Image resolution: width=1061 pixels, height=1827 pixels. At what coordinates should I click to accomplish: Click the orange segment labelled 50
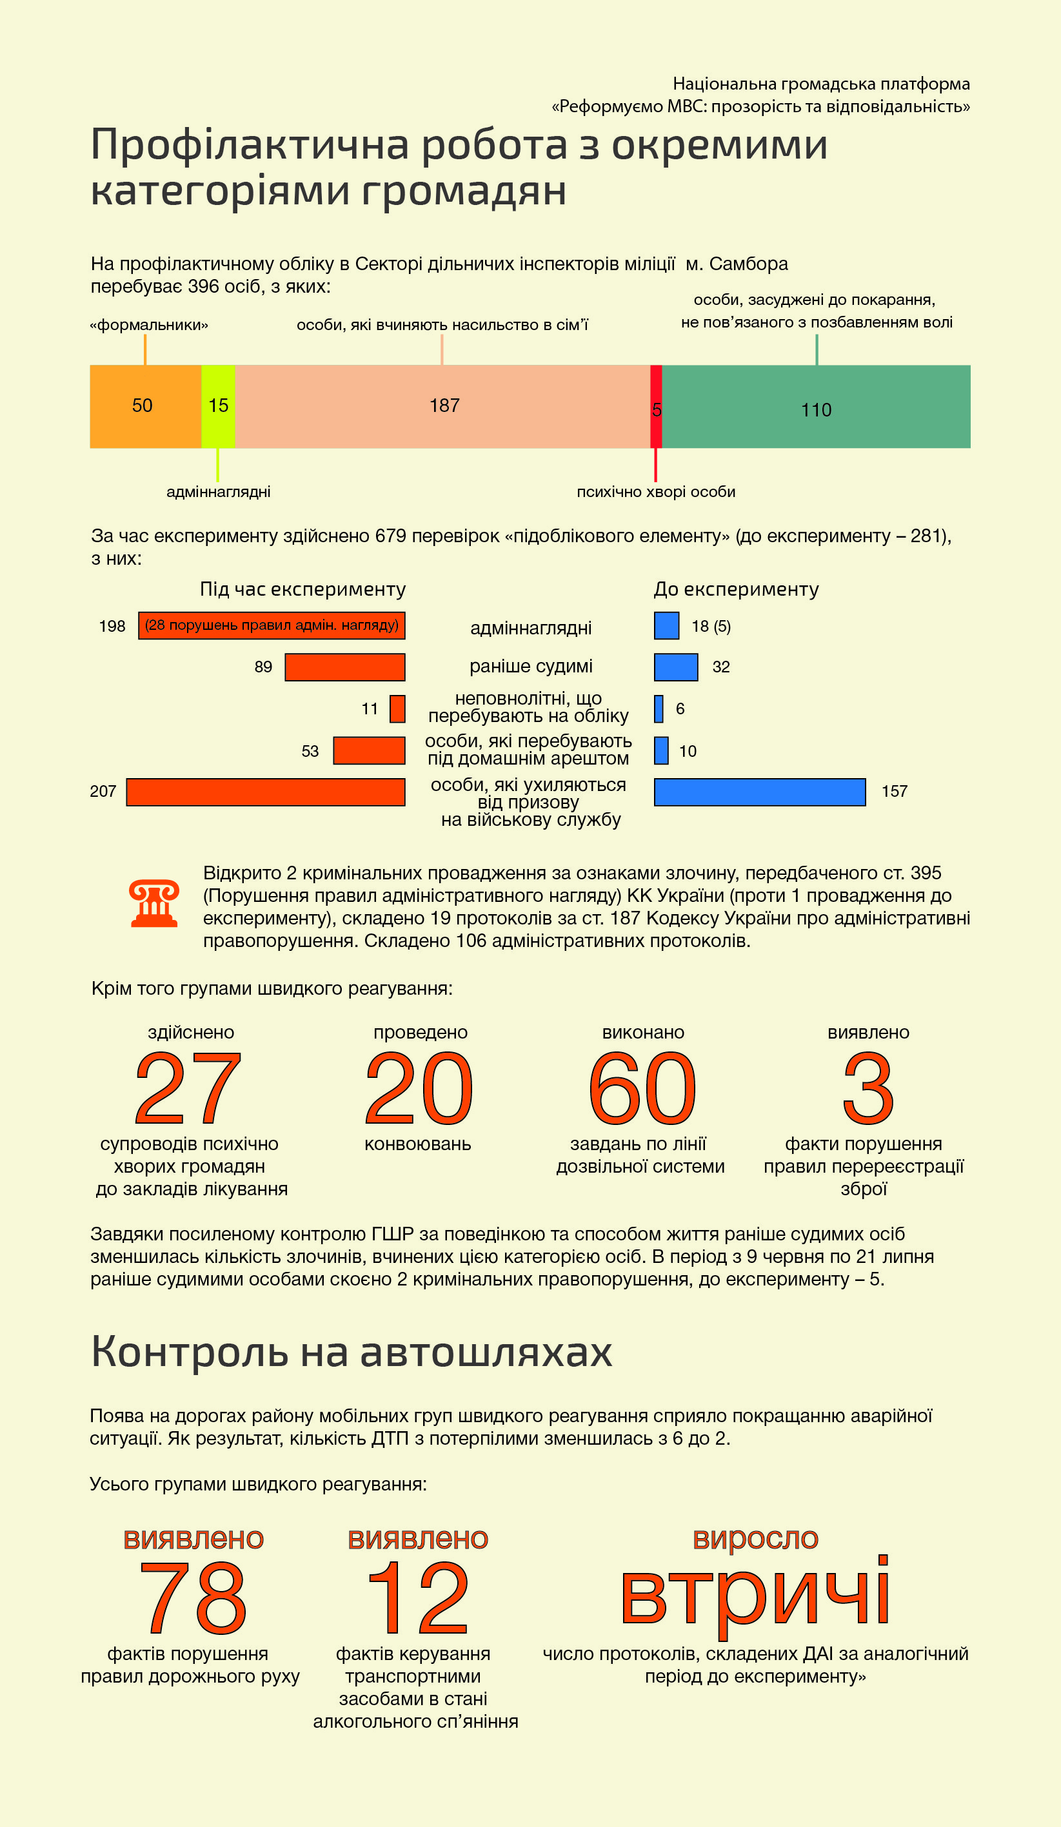click(x=145, y=406)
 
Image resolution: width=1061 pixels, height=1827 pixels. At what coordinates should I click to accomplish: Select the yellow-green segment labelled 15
click(x=217, y=406)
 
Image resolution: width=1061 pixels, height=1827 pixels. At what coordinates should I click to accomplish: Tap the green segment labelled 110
click(x=816, y=406)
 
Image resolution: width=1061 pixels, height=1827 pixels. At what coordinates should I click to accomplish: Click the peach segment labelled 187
click(x=442, y=406)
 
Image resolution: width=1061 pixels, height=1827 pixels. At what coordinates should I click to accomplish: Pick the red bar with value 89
click(x=344, y=667)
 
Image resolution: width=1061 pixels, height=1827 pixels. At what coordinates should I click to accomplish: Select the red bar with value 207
click(x=266, y=792)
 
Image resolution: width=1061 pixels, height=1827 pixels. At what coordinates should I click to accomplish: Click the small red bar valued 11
click(x=397, y=708)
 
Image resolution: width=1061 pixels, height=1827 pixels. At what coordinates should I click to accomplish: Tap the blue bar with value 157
click(x=759, y=792)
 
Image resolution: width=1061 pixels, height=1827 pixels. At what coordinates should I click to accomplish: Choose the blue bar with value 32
click(x=676, y=667)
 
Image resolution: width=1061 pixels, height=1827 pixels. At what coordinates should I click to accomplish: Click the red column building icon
click(x=154, y=903)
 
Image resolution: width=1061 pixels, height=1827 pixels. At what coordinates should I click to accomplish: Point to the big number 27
click(x=188, y=1088)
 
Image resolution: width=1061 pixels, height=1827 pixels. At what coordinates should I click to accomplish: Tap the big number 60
click(x=642, y=1088)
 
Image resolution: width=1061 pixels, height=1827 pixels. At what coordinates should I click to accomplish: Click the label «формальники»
click(x=149, y=325)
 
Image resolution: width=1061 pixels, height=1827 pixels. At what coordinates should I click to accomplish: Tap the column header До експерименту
click(x=736, y=589)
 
